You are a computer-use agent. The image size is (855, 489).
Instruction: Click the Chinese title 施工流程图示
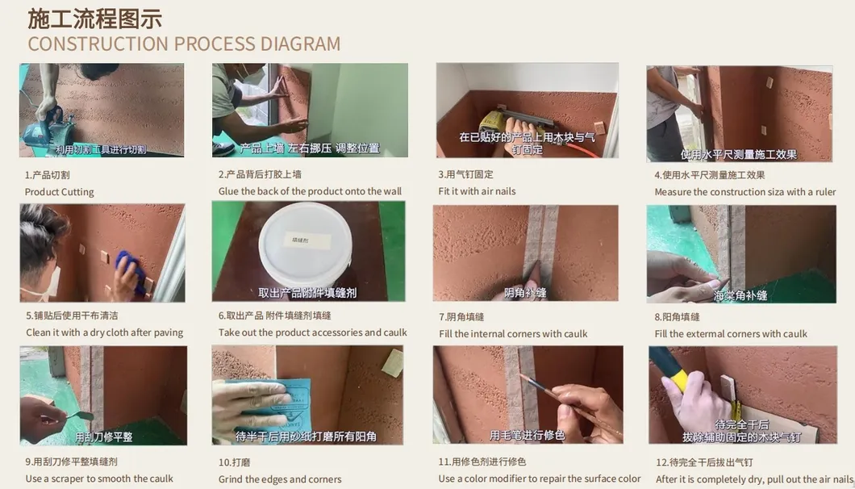coord(95,17)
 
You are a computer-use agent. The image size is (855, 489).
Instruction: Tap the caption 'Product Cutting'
coord(59,192)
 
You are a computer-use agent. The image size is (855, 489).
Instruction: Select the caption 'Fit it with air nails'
coord(477,191)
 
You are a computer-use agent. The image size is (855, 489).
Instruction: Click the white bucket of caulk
coord(307,243)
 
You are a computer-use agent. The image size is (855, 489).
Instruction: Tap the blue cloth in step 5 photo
coord(131,270)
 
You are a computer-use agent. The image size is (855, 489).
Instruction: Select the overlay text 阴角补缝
coord(525,293)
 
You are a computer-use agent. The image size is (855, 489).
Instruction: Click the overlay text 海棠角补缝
coord(740,295)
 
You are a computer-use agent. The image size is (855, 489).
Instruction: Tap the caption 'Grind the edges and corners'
coord(280,479)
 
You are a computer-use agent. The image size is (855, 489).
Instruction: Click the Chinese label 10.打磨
coord(235,462)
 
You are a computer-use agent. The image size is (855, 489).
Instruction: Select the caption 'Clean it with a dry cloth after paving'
coord(105,332)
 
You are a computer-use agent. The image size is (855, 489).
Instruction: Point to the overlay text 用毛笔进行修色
coord(527,435)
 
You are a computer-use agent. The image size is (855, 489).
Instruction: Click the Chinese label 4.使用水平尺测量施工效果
coord(709,175)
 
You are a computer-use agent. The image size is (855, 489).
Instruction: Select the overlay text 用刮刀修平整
coord(104,437)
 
